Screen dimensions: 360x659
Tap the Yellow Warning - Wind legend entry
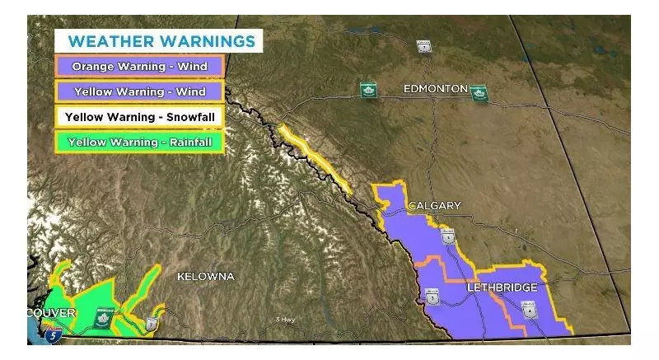point(139,91)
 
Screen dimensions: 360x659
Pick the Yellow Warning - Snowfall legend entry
point(139,117)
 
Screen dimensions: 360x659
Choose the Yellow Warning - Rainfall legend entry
point(139,142)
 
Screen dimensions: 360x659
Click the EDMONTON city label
point(435,88)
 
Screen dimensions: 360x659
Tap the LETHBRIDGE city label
point(502,288)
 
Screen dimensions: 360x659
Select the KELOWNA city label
point(205,277)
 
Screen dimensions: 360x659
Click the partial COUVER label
point(51,313)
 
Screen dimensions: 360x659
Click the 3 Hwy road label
point(286,320)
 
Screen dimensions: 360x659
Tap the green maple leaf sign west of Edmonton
point(367,90)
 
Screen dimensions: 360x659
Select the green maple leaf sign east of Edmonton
point(479,94)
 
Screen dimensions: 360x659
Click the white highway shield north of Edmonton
point(424,47)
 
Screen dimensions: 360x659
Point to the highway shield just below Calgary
point(447,237)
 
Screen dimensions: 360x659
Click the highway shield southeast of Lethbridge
point(530,310)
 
